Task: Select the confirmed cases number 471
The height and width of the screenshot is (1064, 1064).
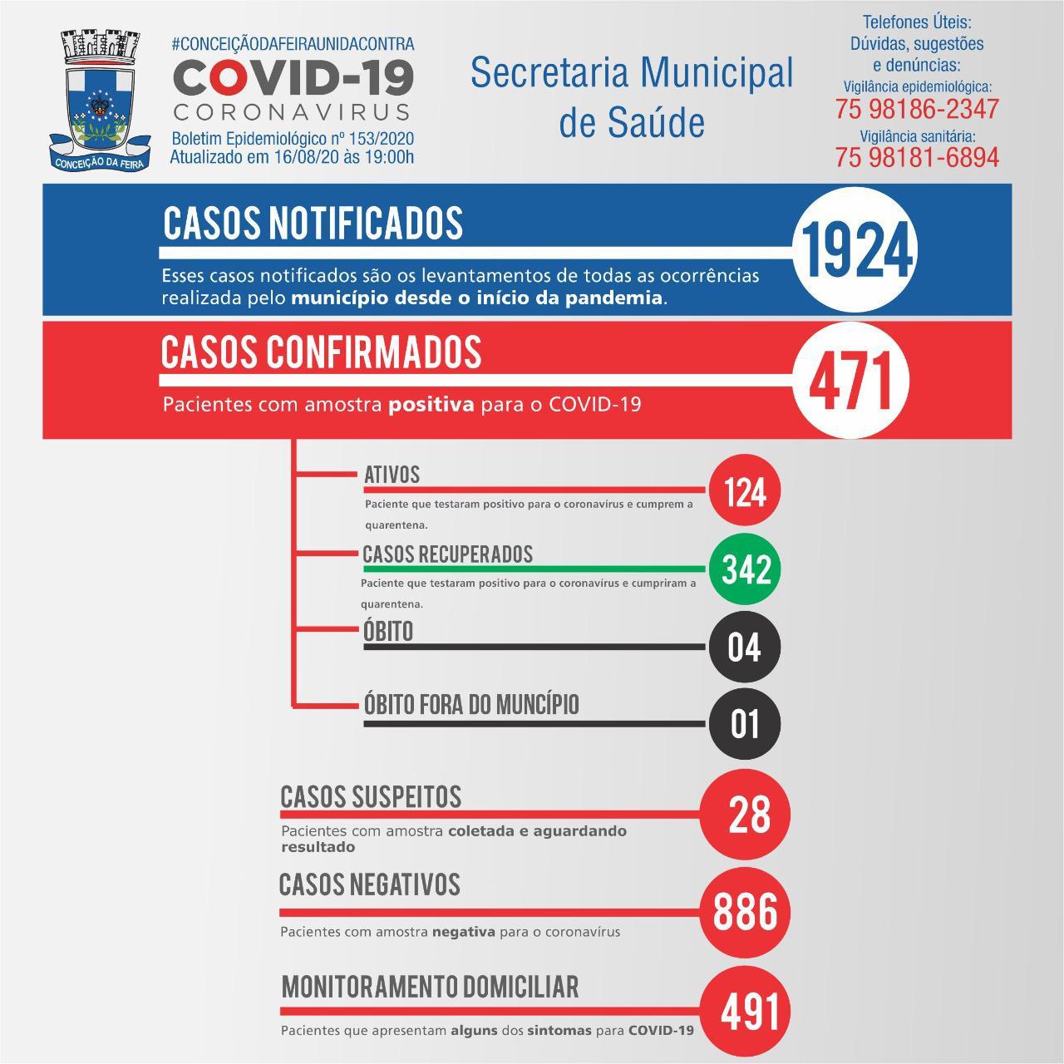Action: point(850,382)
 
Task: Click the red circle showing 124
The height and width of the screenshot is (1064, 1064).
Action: point(744,491)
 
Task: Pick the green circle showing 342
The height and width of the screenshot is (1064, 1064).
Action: point(744,569)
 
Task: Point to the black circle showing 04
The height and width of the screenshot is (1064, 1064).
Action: point(744,647)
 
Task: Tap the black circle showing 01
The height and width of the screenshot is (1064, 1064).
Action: point(744,723)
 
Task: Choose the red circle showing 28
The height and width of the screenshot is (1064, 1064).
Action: point(745,814)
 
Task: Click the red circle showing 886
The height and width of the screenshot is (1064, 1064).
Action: point(745,912)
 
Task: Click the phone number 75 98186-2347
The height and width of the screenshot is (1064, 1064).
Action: point(917,109)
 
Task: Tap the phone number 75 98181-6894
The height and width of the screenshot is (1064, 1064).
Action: point(917,156)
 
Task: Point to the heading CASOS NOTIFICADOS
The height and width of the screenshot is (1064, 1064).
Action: point(313,222)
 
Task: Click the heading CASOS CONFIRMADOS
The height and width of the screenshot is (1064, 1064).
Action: point(321,352)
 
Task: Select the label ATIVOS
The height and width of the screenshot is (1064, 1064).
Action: point(392,475)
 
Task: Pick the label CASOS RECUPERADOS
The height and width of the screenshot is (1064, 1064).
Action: point(447,554)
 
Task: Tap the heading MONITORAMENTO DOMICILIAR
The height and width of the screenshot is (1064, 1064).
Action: point(430,987)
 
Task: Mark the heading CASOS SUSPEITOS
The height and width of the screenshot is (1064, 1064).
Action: point(371,796)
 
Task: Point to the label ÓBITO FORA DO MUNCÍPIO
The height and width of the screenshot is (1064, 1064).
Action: point(471,705)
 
